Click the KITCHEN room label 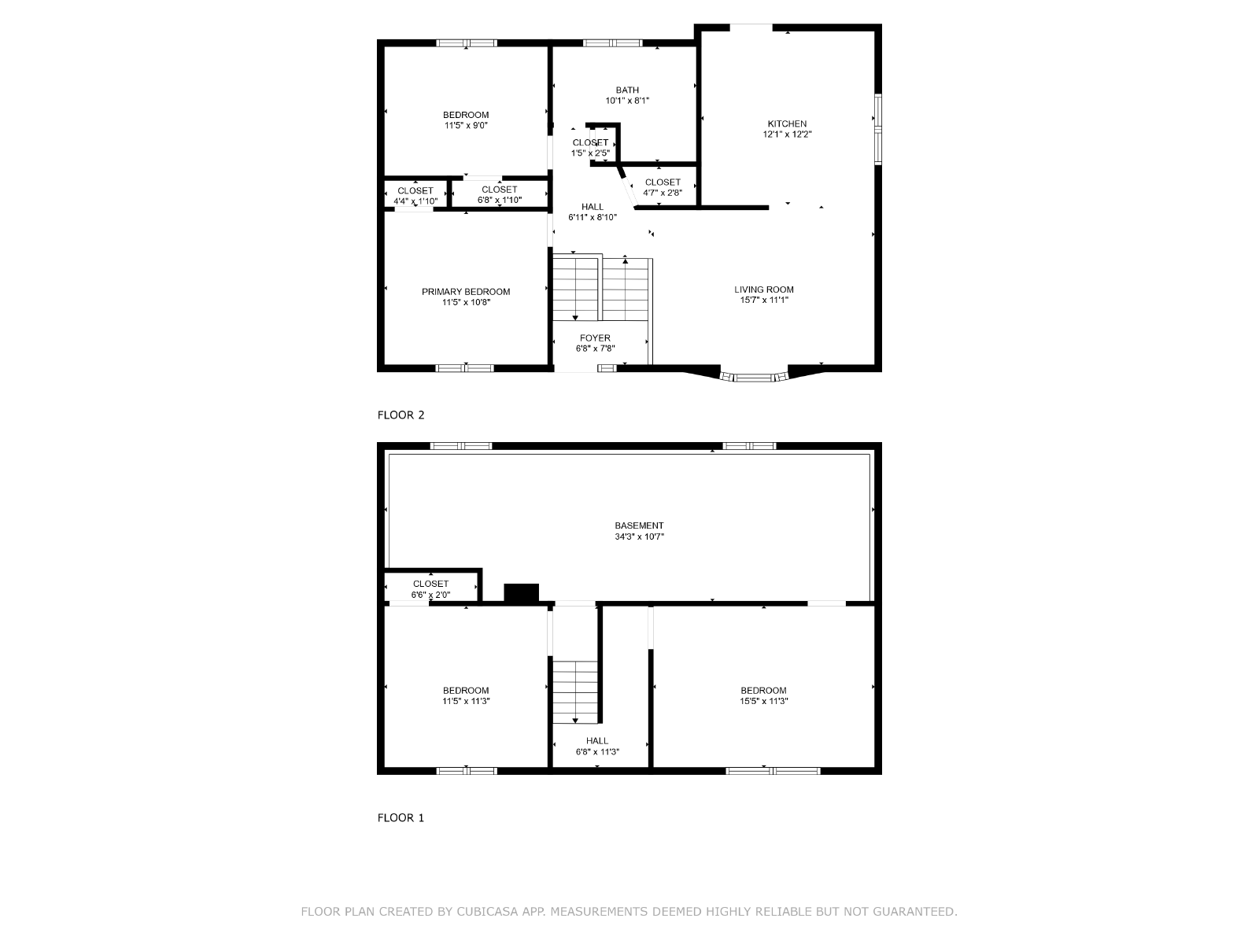tap(786, 124)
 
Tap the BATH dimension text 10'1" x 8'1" tap(627, 101)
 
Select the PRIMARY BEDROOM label tap(465, 292)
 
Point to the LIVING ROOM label tap(763, 289)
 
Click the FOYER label tap(595, 338)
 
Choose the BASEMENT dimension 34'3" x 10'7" tap(639, 537)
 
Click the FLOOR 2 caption tap(401, 415)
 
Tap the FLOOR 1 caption tap(401, 818)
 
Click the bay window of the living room tap(754, 377)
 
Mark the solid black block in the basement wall tap(521, 592)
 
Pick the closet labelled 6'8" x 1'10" tap(499, 194)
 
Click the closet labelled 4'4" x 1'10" tap(415, 194)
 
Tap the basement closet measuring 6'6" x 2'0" tap(430, 588)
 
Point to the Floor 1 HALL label tap(597, 741)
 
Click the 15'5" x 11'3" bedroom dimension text tap(763, 701)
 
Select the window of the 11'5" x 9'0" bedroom tap(467, 43)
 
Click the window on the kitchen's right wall tap(877, 130)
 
